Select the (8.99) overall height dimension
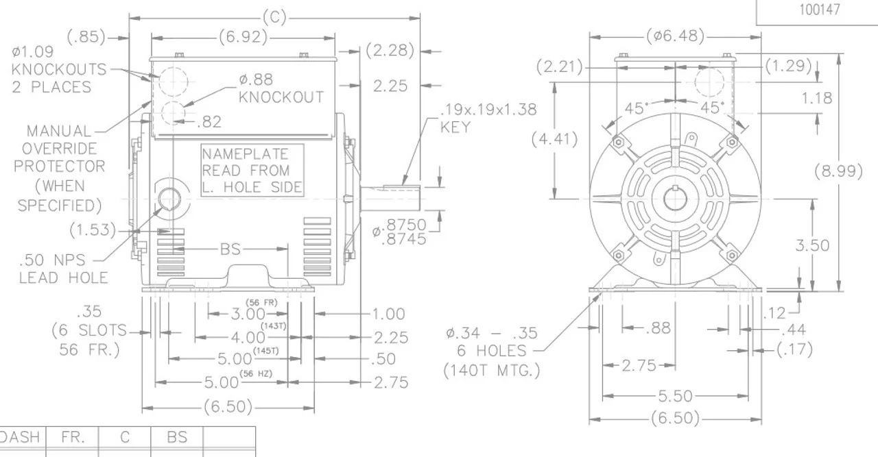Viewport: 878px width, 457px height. pyautogui.click(x=838, y=171)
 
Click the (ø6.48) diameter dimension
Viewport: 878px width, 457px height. pyautogui.click(x=675, y=36)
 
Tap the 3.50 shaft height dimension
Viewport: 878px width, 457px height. pyautogui.click(x=812, y=245)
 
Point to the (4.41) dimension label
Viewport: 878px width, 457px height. pyautogui.click(x=554, y=139)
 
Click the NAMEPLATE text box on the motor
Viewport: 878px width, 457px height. pyautogui.click(x=252, y=171)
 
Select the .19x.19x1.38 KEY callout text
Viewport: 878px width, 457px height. pyautogui.click(x=488, y=117)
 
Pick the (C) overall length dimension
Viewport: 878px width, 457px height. pyautogui.click(x=274, y=17)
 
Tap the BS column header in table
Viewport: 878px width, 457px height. pyautogui.click(x=177, y=437)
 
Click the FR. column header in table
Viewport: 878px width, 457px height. pyautogui.click(x=72, y=437)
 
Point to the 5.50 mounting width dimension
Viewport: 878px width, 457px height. pyautogui.click(x=675, y=395)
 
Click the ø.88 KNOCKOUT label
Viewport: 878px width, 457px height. pyautogui.click(x=281, y=88)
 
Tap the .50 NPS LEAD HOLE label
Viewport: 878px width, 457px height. pyautogui.click(x=63, y=269)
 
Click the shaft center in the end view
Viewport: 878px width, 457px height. pyautogui.click(x=675, y=199)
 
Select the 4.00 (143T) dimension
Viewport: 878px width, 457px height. pyautogui.click(x=248, y=337)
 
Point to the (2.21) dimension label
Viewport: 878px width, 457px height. pyautogui.click(x=559, y=67)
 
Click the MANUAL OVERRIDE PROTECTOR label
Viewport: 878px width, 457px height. pyautogui.click(x=60, y=167)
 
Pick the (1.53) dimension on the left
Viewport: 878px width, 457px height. pyautogui.click(x=93, y=230)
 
